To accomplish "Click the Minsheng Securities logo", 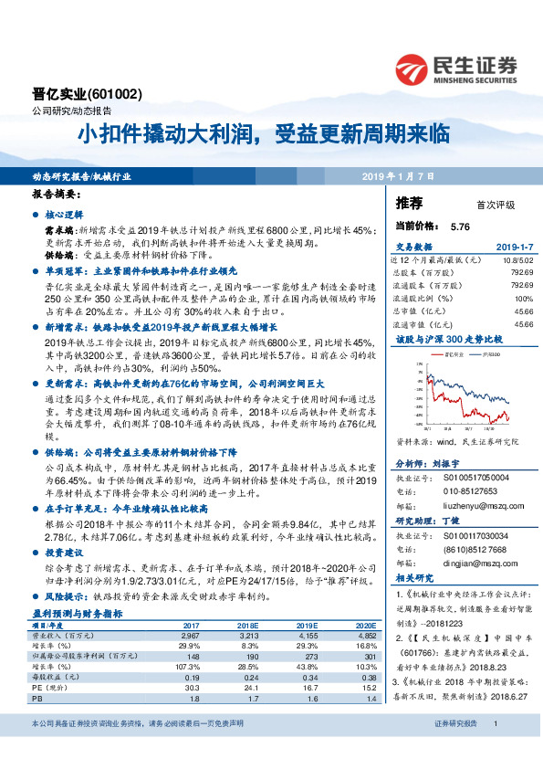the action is (x=455, y=68).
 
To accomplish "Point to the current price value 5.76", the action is (x=459, y=226).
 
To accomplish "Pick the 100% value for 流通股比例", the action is (x=523, y=298).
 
